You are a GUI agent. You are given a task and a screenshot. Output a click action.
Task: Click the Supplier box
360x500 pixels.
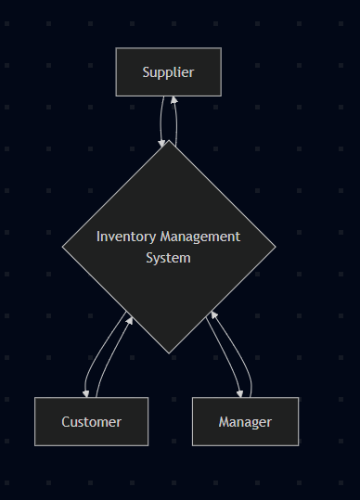(168, 72)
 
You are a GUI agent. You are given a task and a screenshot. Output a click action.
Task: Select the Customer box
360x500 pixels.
(91, 422)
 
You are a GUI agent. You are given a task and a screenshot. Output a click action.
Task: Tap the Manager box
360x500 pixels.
(245, 422)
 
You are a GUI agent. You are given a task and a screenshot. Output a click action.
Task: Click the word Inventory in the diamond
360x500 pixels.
(126, 237)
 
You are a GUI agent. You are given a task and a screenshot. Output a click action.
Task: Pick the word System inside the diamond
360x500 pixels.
(168, 258)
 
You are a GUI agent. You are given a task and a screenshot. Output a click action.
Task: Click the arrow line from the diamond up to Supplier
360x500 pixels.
(176, 121)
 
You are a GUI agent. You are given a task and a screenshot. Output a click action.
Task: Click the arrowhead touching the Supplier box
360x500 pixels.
(173, 100)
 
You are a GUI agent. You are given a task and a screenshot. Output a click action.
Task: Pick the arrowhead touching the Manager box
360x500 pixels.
(240, 392)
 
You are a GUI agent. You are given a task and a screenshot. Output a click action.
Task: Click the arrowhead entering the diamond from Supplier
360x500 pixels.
(163, 142)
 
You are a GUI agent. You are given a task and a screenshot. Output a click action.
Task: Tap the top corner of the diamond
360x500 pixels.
(169, 141)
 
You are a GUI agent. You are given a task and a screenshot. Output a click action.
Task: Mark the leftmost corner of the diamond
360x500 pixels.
(63, 247)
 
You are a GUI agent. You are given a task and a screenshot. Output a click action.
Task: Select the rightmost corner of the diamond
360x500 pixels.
(275, 247)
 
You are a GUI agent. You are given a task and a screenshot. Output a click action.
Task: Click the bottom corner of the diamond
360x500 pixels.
(169, 353)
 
